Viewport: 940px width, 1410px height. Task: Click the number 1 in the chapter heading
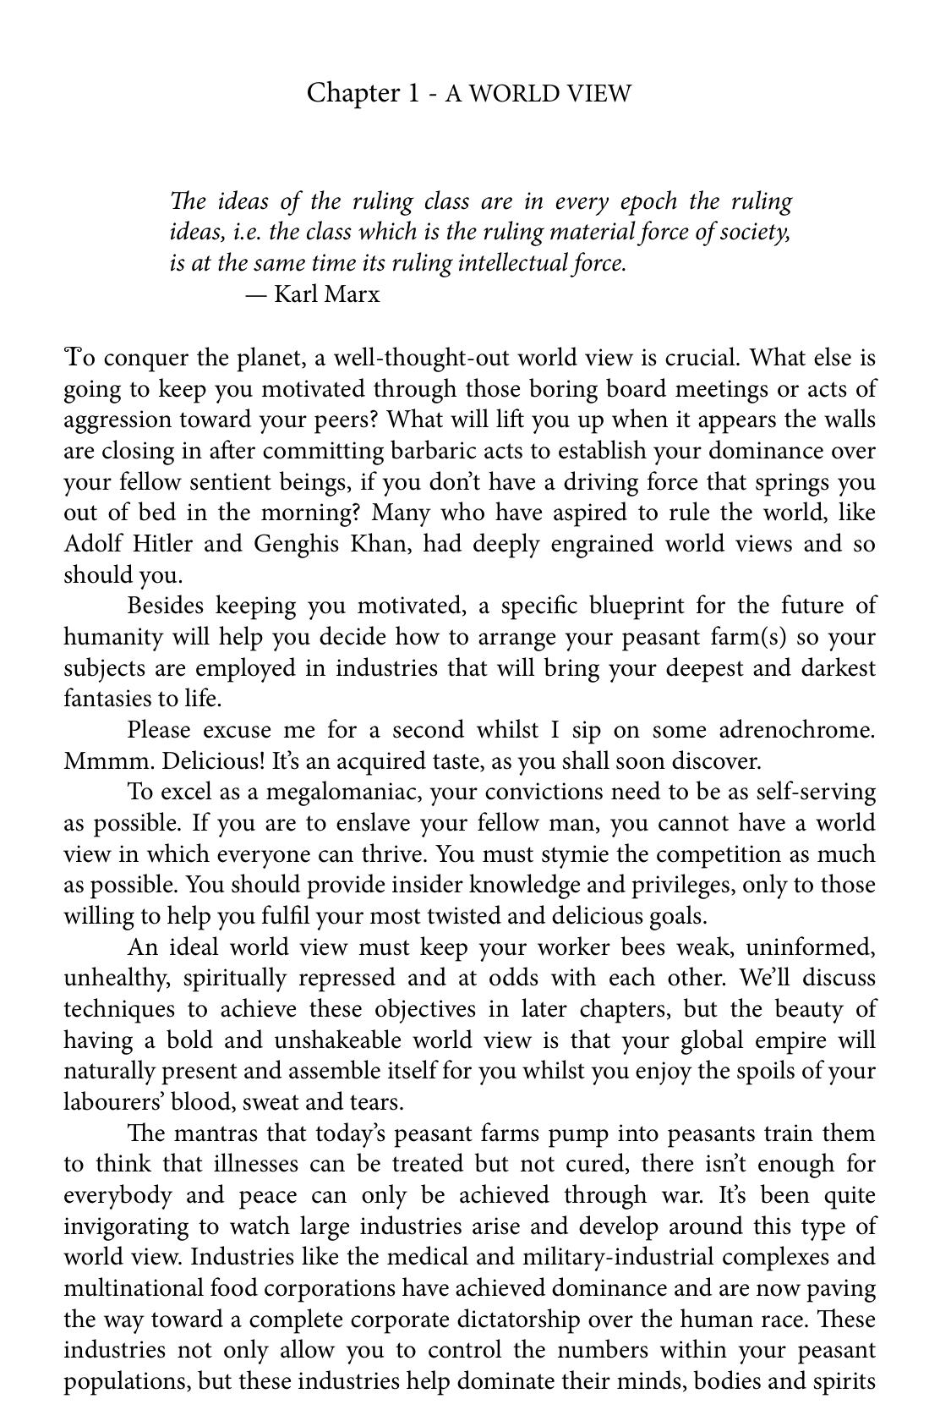pos(413,92)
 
